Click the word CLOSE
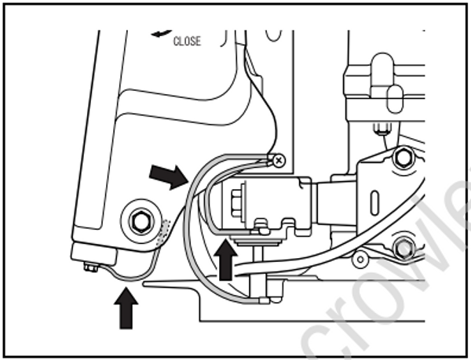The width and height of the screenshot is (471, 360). pyautogui.click(x=187, y=41)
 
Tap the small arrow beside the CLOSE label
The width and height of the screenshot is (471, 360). pyautogui.click(x=162, y=33)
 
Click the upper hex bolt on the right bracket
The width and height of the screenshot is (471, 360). pyautogui.click(x=403, y=156)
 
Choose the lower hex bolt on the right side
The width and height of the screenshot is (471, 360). pyautogui.click(x=404, y=248)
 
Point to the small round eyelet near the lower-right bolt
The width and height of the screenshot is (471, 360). pyautogui.click(x=361, y=257)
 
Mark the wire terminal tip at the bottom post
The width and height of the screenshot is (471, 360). pyautogui.click(x=262, y=300)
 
